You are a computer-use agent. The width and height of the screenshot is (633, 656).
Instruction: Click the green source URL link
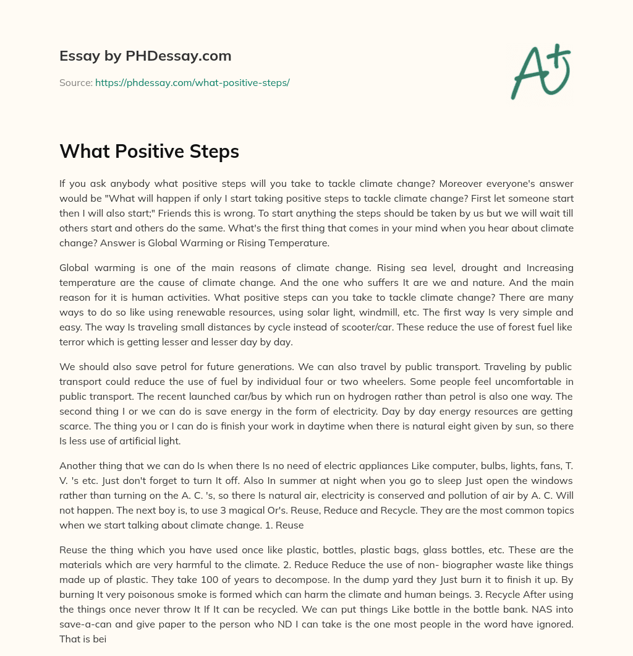tap(192, 82)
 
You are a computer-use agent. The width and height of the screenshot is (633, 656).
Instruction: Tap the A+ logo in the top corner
tap(540, 72)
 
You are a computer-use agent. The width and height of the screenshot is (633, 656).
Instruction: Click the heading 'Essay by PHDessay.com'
tap(145, 56)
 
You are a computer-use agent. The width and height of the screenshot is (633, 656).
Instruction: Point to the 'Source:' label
tap(76, 82)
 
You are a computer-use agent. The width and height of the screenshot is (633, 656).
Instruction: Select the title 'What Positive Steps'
tap(149, 152)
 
